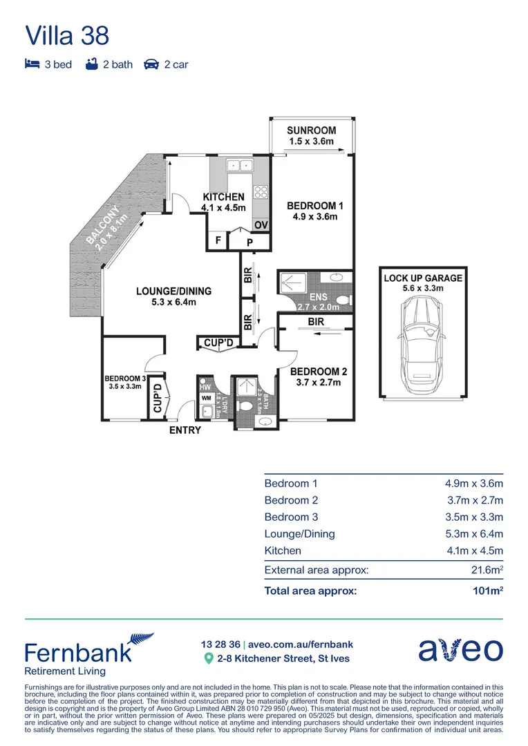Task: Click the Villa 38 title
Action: [x=67, y=36]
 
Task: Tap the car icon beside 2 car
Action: [x=151, y=64]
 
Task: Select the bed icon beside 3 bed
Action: [x=32, y=64]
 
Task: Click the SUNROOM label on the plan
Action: [x=312, y=131]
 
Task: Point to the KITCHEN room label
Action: [x=224, y=197]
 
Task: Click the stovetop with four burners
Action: [x=261, y=192]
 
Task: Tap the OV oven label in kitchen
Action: [x=261, y=225]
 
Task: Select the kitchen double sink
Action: [x=240, y=166]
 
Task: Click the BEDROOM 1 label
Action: [x=315, y=206]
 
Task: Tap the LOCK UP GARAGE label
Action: [x=423, y=278]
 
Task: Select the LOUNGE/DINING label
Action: [x=173, y=291]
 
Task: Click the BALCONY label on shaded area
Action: [x=103, y=224]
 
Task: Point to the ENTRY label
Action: [x=185, y=430]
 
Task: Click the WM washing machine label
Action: [x=206, y=399]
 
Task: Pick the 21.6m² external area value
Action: [x=487, y=569]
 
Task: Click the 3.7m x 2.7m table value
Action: [x=475, y=500]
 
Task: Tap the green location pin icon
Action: [x=208, y=658]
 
